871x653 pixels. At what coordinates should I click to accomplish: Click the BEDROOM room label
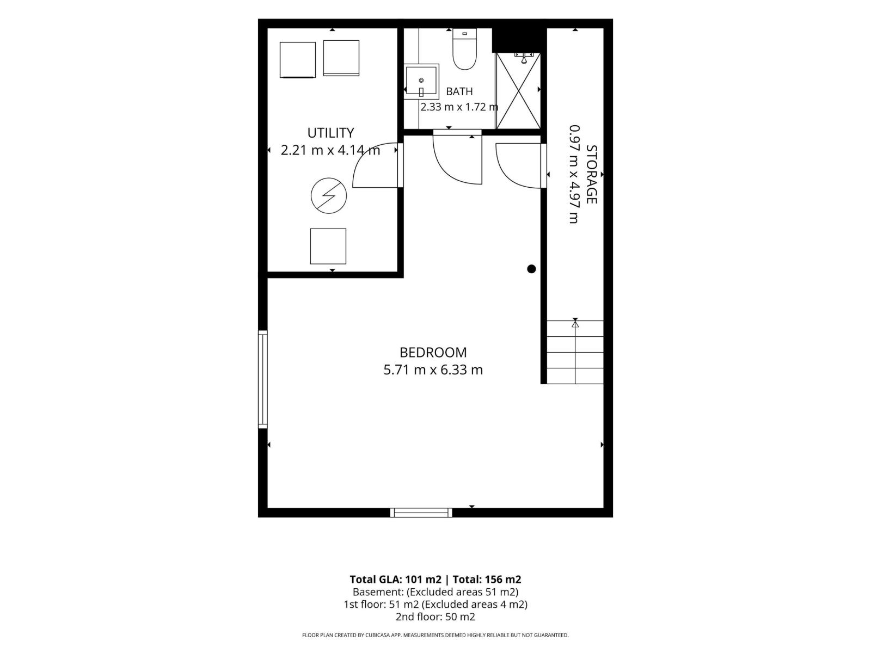click(433, 352)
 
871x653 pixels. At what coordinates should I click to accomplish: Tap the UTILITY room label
click(330, 133)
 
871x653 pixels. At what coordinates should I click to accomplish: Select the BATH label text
click(459, 91)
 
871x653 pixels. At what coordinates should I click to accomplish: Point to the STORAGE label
click(591, 175)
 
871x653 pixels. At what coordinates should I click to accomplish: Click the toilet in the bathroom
click(464, 50)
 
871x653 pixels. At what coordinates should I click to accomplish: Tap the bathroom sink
click(421, 81)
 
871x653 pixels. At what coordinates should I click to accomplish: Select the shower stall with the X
click(518, 90)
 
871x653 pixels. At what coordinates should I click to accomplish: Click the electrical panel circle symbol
click(329, 195)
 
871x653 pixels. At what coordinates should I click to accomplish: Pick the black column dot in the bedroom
click(531, 269)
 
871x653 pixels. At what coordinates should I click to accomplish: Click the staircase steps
click(575, 352)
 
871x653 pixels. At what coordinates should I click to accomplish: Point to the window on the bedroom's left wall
click(263, 379)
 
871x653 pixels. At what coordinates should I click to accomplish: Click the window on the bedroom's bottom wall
click(421, 513)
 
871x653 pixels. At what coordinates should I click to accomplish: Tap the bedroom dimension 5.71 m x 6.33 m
click(433, 370)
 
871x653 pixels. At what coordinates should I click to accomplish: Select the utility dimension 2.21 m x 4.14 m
click(330, 150)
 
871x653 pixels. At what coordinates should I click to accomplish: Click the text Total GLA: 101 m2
click(395, 579)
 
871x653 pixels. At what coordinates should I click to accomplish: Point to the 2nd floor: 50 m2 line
click(436, 617)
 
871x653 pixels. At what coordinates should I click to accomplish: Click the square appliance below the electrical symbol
click(328, 246)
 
